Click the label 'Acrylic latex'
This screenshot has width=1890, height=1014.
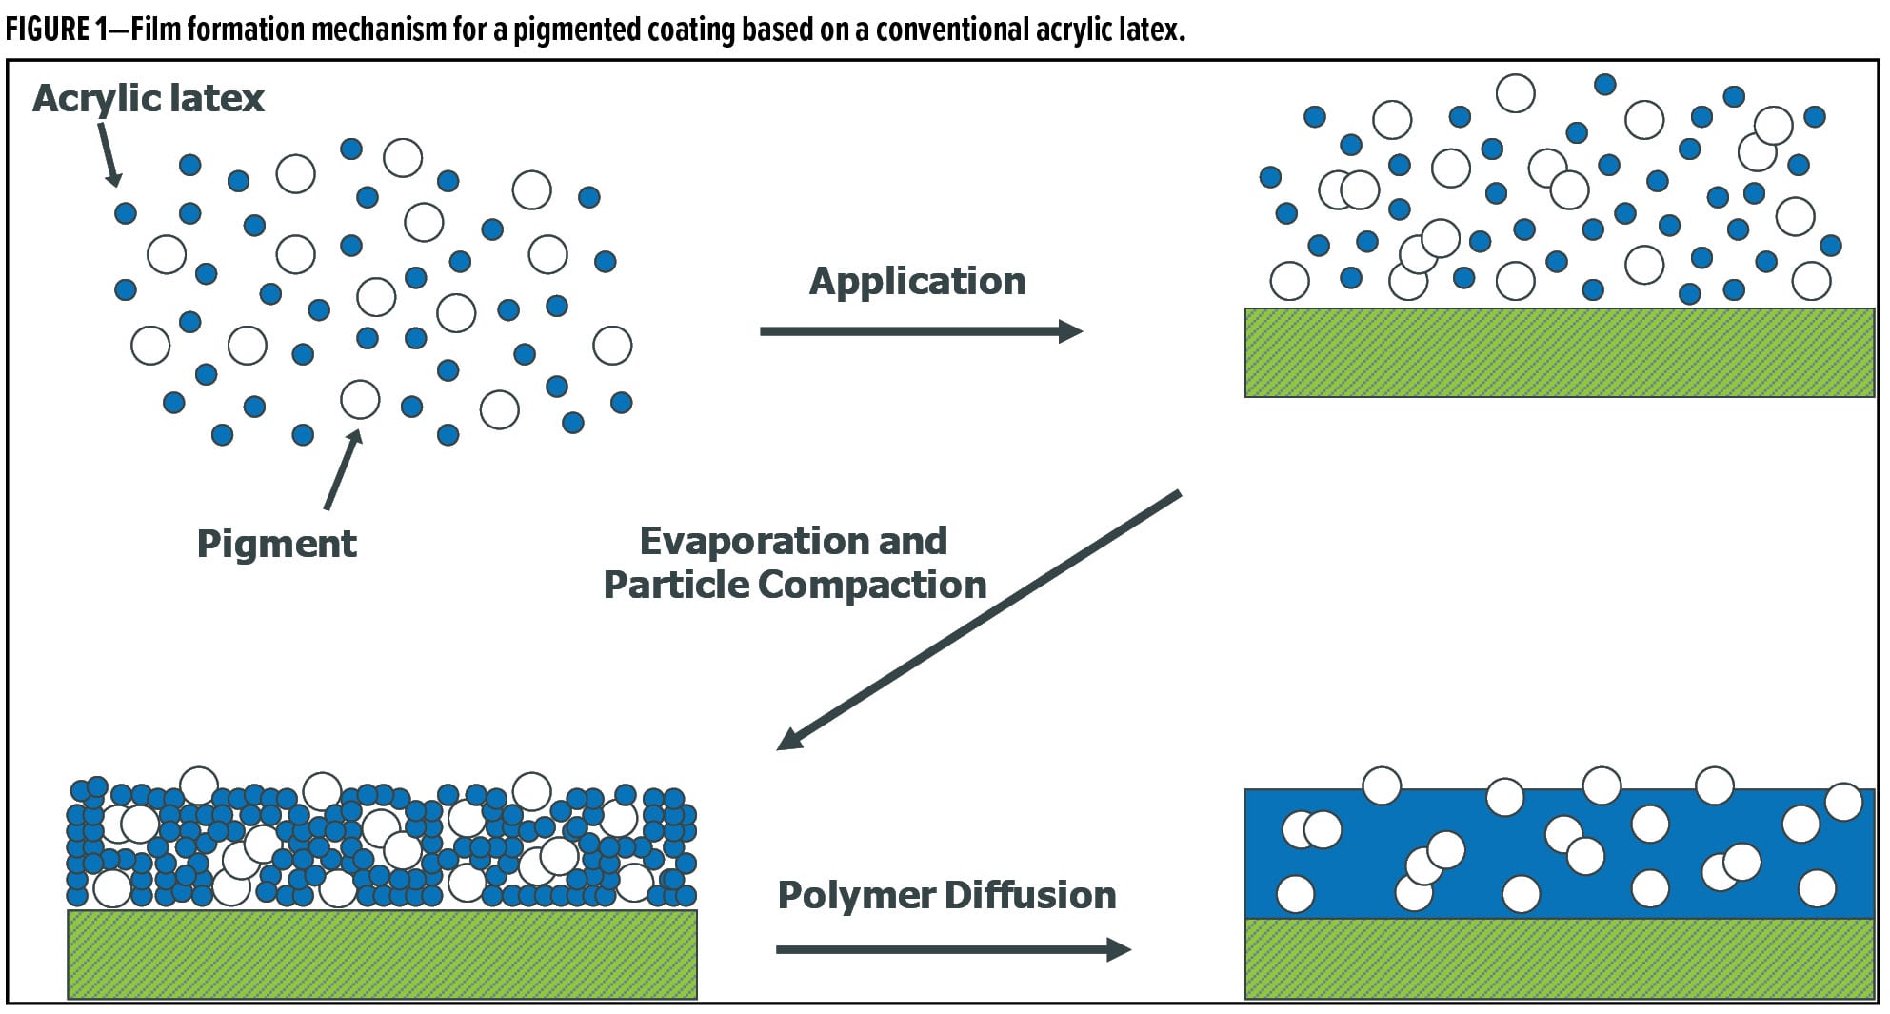click(149, 98)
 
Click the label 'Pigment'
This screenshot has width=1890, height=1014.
click(276, 544)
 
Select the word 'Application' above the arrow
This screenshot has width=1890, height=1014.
click(917, 281)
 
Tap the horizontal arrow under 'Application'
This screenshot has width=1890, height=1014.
click(920, 331)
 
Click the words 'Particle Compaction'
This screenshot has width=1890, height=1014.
click(795, 585)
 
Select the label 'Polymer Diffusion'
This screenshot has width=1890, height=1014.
click(946, 895)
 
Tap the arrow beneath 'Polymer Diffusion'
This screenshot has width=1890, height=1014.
click(952, 949)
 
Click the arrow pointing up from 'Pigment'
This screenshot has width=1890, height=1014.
click(342, 471)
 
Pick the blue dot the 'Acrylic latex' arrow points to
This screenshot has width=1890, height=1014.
click(125, 212)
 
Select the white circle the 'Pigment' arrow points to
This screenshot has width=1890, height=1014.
click(360, 400)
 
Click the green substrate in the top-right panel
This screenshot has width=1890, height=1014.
click(1559, 352)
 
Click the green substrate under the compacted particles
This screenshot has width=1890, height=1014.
click(382, 954)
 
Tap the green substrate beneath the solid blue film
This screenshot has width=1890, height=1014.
click(1559, 958)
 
